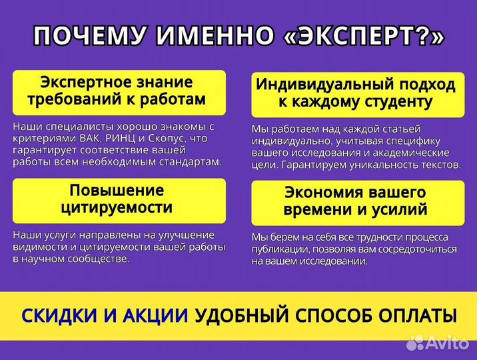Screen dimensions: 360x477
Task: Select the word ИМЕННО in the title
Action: coord(211,36)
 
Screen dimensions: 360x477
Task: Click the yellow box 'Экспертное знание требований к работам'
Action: coord(119,92)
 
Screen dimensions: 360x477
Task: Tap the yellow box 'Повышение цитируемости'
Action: coord(119,199)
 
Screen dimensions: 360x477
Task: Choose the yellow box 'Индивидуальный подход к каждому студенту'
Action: coord(357,94)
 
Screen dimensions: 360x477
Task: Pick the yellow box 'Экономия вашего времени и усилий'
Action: coord(357,201)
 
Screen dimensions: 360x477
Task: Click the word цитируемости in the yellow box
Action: coord(117,208)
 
